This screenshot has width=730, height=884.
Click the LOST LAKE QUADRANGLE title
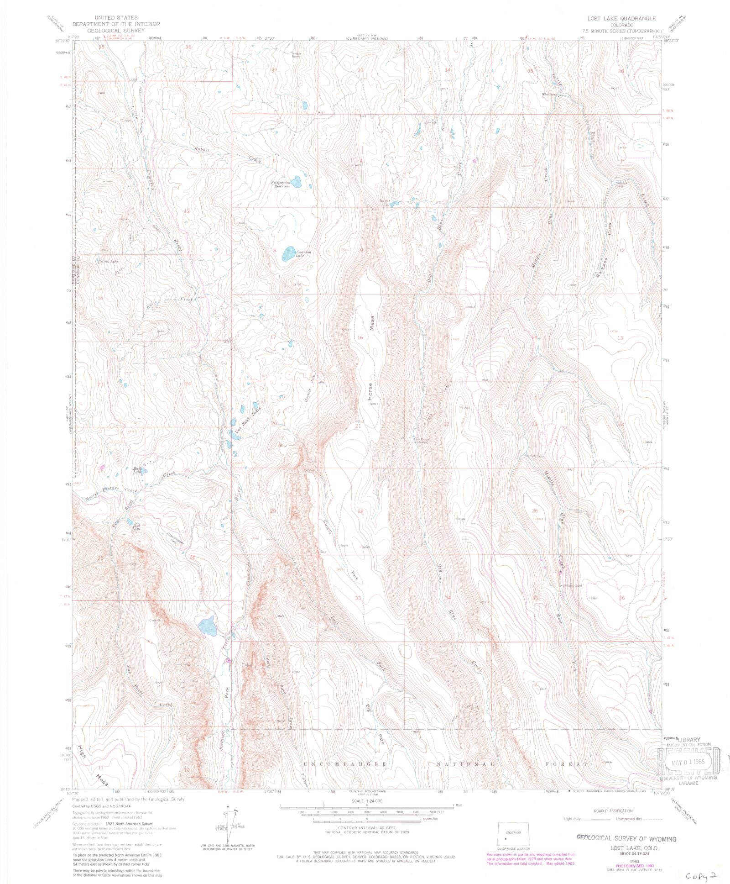621,19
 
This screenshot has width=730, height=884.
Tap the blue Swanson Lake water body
288,253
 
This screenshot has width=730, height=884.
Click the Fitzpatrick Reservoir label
282,184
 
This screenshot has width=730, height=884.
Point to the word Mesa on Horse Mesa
372,324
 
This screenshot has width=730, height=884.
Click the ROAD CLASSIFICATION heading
613,811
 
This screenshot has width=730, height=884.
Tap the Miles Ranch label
550,95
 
